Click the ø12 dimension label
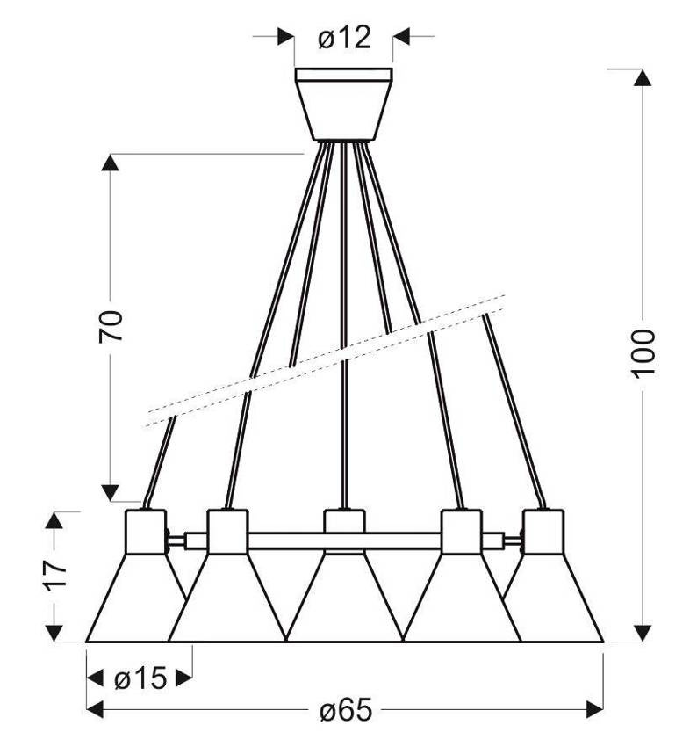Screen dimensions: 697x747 (344, 38)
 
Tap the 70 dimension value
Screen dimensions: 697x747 (111, 326)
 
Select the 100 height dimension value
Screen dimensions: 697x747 (643, 353)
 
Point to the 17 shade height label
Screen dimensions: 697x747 (54, 575)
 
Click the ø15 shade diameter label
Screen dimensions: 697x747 (140, 678)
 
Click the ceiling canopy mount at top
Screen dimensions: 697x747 (343, 105)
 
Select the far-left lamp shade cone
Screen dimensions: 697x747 (135, 598)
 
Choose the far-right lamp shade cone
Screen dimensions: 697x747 (554, 598)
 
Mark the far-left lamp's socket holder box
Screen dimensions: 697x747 (146, 532)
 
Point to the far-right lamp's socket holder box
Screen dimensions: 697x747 (543, 532)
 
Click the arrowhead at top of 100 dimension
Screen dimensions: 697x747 (643, 77)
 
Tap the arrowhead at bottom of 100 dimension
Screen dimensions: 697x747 (643, 633)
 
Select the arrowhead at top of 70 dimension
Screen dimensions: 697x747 (111, 163)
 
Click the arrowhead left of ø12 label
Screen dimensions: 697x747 (285, 36)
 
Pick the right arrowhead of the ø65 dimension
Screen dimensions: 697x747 (594, 709)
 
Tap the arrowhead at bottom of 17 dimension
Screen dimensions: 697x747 (54, 633)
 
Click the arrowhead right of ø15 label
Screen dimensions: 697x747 (183, 678)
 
